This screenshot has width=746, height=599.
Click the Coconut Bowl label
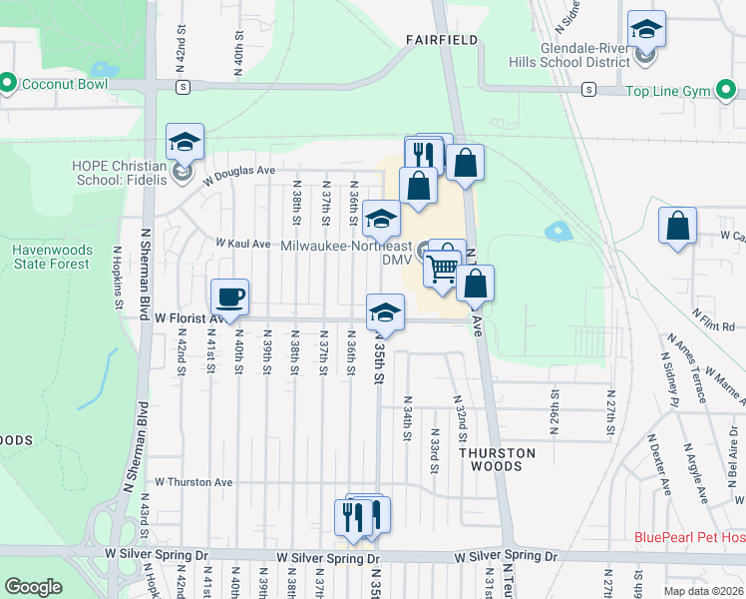click(68, 84)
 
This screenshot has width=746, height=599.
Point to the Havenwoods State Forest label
click(53, 257)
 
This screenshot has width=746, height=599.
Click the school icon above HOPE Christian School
click(185, 143)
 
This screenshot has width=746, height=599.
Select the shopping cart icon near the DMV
click(443, 266)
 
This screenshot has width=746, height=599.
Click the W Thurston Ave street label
click(193, 482)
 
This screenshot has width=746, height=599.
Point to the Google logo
click(33, 587)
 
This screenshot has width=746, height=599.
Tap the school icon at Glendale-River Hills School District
click(646, 30)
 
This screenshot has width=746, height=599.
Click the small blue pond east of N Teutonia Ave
click(557, 232)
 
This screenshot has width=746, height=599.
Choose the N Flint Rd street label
click(713, 326)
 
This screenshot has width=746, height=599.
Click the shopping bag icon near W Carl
click(677, 226)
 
